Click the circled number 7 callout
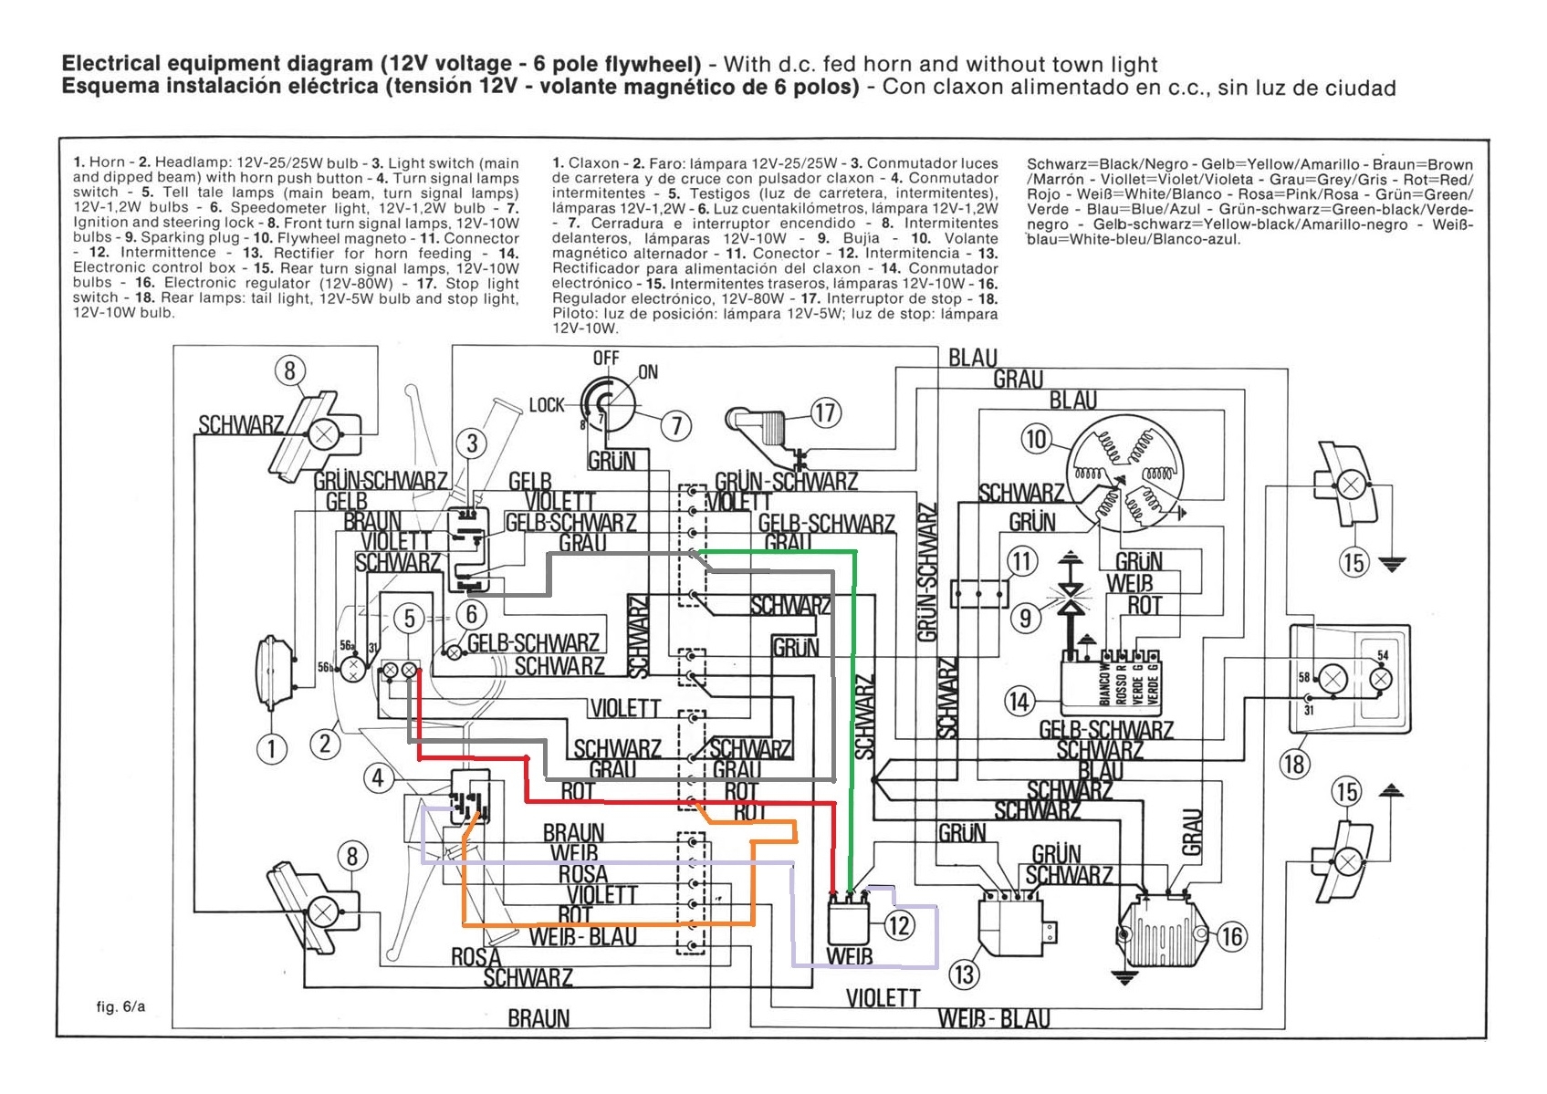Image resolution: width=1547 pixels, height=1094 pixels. (x=676, y=425)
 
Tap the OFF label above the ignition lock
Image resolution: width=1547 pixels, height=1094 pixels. (x=606, y=358)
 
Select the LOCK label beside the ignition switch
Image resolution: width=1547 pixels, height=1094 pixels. (x=547, y=404)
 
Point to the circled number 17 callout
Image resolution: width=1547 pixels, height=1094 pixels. (x=825, y=412)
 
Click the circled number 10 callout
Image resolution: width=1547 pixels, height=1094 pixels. (x=1036, y=439)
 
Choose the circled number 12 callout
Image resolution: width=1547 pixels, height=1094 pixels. (x=899, y=926)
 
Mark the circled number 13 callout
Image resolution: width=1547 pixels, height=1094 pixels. (x=964, y=974)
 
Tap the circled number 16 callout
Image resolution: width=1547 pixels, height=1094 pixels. (x=1232, y=936)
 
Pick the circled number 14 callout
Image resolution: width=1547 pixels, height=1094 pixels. (x=1019, y=701)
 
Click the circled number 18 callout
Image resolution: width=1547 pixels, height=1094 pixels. (x=1294, y=764)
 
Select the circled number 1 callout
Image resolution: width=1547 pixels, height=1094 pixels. (x=271, y=749)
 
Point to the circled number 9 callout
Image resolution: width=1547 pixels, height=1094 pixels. (x=1026, y=618)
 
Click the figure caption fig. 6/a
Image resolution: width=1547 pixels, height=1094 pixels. (x=120, y=1006)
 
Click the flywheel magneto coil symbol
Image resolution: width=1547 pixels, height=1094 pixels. (x=1124, y=477)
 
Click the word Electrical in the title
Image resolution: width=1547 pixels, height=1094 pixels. (x=112, y=64)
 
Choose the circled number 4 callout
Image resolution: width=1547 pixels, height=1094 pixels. (x=378, y=778)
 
